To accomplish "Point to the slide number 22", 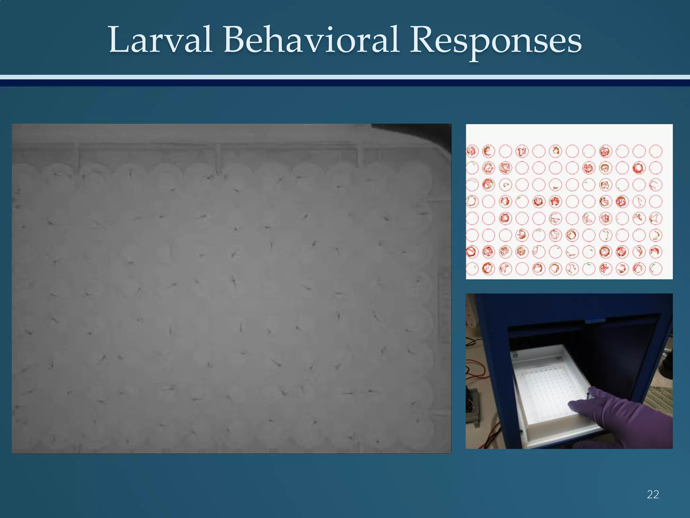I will [653, 494].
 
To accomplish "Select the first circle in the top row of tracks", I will [472, 151].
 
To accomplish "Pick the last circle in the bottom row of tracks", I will [656, 268].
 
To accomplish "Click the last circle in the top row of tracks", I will [656, 151].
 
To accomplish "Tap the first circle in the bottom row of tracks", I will [472, 268].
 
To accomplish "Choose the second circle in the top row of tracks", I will [489, 151].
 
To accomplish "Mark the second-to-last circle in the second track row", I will [639, 168].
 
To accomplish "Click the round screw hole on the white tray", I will [515, 355].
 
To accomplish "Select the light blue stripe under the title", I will [345, 77].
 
